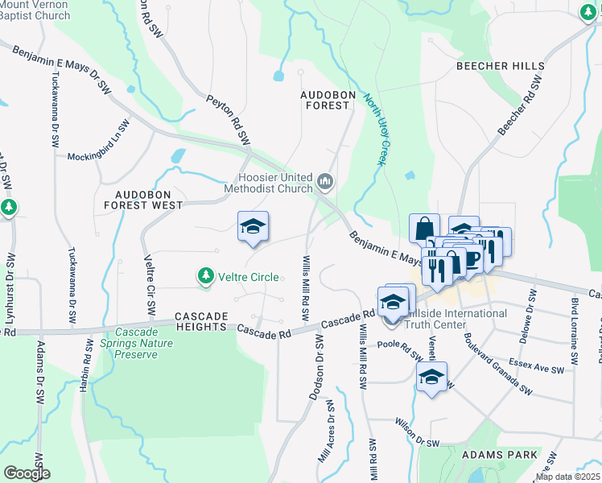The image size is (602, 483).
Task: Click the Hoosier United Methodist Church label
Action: tap(274, 183)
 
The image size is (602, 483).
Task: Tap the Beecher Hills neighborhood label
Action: tap(500, 66)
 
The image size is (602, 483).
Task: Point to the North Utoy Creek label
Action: tap(377, 129)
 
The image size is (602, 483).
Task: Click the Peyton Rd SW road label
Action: tap(229, 120)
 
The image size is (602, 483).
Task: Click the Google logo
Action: tap(27, 473)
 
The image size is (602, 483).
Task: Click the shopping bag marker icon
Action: tap(424, 228)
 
